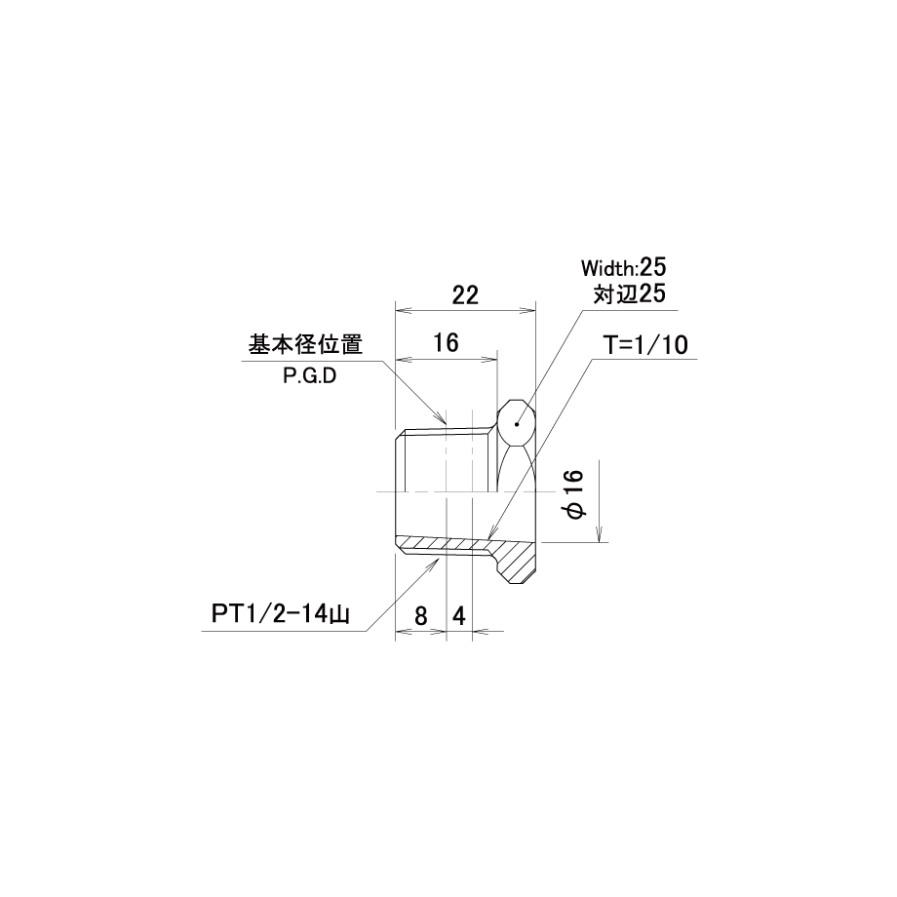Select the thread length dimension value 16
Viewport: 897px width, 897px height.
click(446, 343)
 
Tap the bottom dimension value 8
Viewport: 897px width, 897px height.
click(420, 616)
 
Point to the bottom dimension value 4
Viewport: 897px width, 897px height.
click(458, 616)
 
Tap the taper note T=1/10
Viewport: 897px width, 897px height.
click(644, 344)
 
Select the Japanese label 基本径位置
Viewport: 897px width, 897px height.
click(306, 345)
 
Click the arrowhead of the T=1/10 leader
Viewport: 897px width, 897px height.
click(484, 539)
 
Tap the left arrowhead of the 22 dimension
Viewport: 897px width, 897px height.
click(400, 311)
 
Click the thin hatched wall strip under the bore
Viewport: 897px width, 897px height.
click(444, 543)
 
